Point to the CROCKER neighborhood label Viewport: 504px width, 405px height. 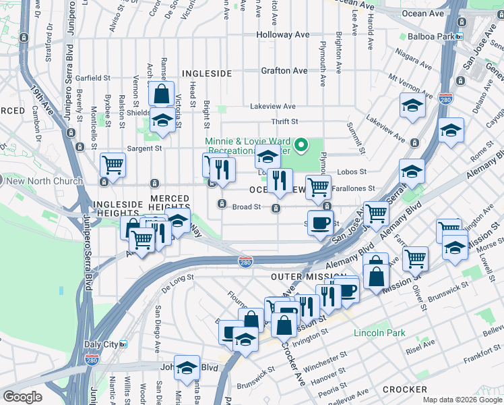(404, 389)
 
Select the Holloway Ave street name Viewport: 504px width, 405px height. (283, 34)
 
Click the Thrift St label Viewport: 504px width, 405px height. (284, 122)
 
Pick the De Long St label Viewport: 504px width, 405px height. (177, 277)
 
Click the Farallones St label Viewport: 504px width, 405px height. (355, 190)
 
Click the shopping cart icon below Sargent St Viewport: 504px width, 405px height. (113, 164)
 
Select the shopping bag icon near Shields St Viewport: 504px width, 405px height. (162, 92)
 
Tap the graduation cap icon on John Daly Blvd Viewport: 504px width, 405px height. (187, 368)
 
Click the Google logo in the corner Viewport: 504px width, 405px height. (22, 397)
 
